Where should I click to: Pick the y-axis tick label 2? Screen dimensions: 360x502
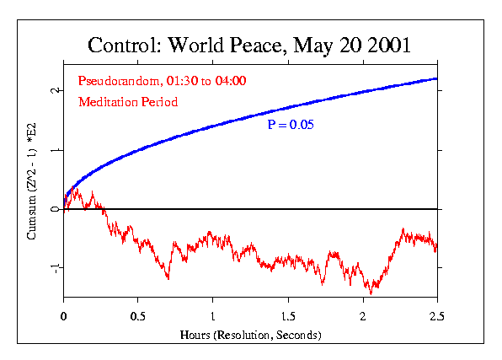[53, 90]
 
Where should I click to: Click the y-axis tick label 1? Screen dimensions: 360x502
[53, 150]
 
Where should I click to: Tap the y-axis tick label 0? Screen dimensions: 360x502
[53, 209]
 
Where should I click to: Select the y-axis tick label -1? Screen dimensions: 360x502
[51, 268]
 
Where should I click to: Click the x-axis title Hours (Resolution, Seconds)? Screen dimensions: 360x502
[251, 335]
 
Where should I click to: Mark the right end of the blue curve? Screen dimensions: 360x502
[437, 78]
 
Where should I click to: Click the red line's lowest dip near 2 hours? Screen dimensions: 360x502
[371, 291]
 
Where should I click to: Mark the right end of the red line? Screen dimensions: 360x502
[436, 247]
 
